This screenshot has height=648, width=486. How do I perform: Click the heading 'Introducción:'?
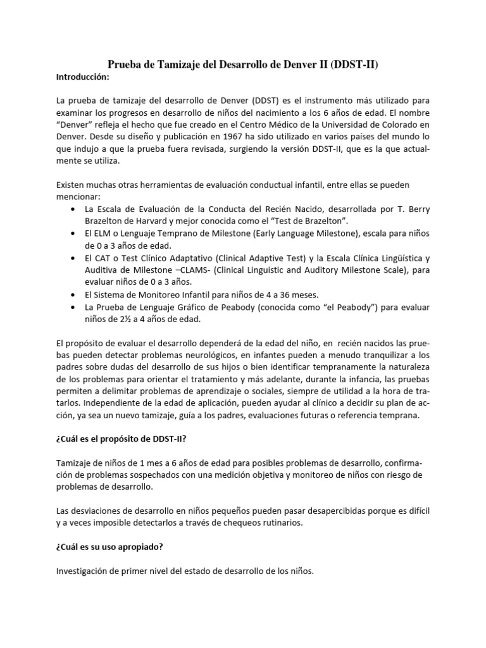click(x=83, y=77)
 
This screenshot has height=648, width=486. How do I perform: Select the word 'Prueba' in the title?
click(x=127, y=64)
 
